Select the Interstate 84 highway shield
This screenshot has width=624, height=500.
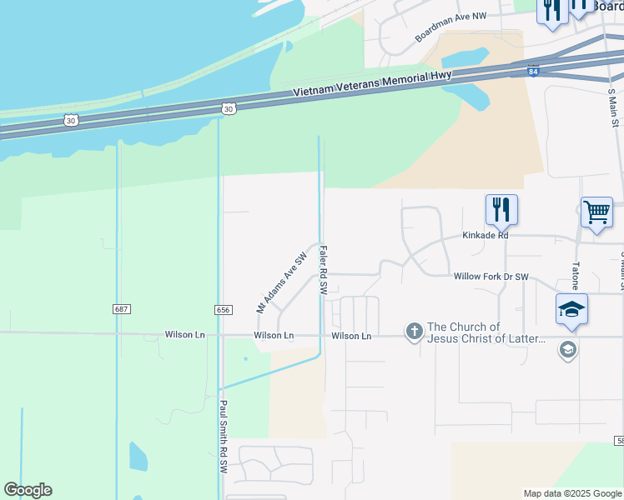pyautogui.click(x=533, y=72)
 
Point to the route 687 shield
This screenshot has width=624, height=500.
pyautogui.click(x=122, y=309)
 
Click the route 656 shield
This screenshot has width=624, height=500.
pyautogui.click(x=223, y=309)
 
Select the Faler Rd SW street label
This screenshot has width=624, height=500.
pyautogui.click(x=322, y=269)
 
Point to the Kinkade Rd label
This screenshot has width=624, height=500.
pyautogui.click(x=486, y=236)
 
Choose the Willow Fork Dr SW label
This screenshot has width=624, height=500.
pyautogui.click(x=491, y=276)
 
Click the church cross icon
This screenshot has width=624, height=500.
pyautogui.click(x=414, y=332)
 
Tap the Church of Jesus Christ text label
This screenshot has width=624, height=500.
pyautogui.click(x=486, y=333)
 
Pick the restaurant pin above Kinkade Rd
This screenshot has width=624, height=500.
pyautogui.click(x=501, y=209)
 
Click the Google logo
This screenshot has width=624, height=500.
pyautogui.click(x=28, y=490)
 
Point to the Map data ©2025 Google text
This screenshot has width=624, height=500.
pyautogui.click(x=571, y=493)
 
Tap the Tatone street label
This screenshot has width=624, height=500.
pyautogui.click(x=576, y=276)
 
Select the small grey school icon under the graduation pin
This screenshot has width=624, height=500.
pyautogui.click(x=567, y=349)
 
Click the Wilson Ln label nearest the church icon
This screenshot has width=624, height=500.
pyautogui.click(x=351, y=336)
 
